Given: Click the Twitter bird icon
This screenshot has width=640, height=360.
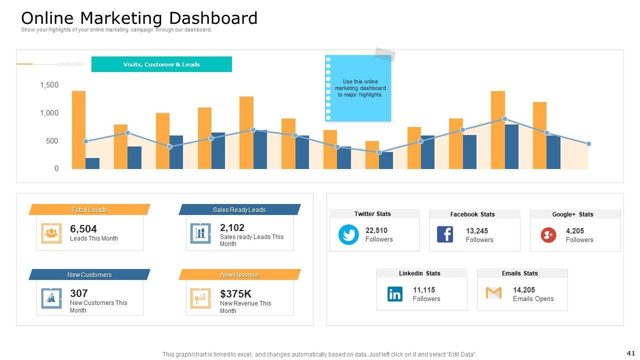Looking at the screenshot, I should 348,234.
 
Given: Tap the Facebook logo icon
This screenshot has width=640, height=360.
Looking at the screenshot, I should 445,234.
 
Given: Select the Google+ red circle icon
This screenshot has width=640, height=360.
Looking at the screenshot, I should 548,234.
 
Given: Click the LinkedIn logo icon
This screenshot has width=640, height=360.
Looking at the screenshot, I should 395,294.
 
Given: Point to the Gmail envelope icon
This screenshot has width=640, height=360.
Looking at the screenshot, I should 493,292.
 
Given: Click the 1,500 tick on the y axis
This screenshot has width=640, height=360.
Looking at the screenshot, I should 49,85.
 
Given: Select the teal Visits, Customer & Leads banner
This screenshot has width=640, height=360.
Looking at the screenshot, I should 161,64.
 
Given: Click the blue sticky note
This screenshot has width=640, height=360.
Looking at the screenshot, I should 358,88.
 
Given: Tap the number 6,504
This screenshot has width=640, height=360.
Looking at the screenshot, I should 83,229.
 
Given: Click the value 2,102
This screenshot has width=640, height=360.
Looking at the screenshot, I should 232,228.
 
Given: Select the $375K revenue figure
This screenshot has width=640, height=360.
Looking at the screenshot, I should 235,294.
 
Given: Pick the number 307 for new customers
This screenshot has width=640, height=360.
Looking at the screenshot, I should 79,293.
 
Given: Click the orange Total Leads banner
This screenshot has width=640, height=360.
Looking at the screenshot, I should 89,210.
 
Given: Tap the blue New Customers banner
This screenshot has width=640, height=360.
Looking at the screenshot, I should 89,275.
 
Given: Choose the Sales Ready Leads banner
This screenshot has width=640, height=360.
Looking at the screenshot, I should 239,210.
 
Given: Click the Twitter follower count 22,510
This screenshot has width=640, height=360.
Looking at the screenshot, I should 376,230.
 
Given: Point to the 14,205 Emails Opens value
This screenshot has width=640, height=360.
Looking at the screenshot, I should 524,290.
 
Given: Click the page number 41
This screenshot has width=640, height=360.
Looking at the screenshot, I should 630,353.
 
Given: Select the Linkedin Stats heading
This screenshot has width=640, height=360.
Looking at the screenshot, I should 419,273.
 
